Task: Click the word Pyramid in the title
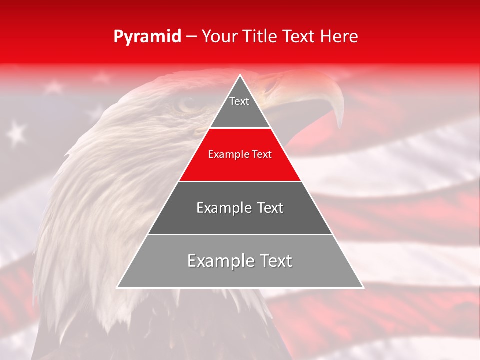coord(147,37)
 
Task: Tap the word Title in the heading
coord(262,36)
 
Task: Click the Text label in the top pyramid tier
coord(239,101)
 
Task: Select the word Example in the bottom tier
coord(220,261)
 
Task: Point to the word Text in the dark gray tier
coord(267,208)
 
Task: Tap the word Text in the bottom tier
coord(274,261)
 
